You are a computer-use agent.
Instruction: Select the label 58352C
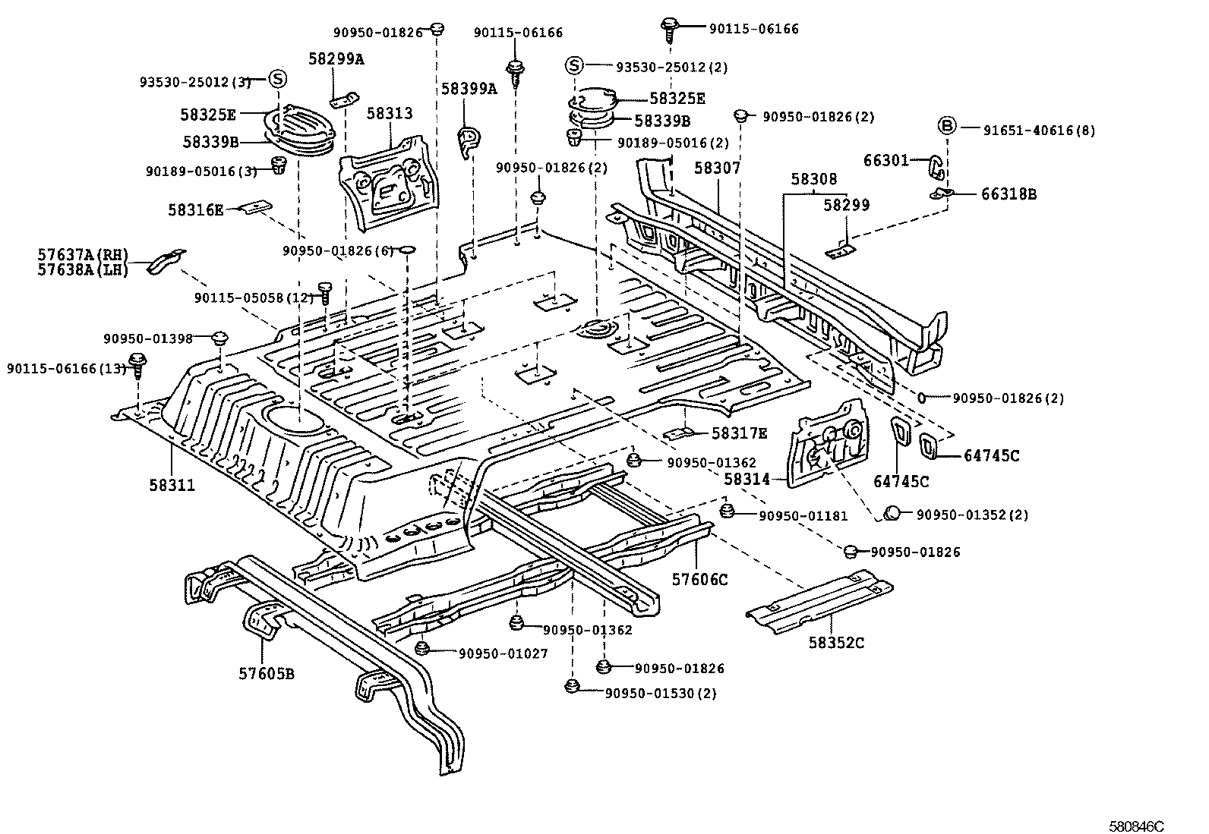pos(836,644)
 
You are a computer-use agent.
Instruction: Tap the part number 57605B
pos(267,674)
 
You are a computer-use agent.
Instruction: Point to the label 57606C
pos(699,580)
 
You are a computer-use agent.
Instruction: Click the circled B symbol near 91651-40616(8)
pos(946,126)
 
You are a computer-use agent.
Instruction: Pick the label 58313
pos(390,113)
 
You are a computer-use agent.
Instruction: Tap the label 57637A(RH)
pos(83,254)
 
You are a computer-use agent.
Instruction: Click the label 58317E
pos(739,433)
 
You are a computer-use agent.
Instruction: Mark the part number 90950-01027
pos(503,653)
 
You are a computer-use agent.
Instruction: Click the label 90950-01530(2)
pos(660,693)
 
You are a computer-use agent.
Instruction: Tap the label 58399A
pos(469,89)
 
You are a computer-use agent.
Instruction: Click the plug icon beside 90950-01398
pos(220,338)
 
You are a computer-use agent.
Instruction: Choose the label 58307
pos(718,168)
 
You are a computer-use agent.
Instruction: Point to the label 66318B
pos(1009,194)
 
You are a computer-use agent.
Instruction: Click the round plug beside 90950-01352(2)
pos(892,514)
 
